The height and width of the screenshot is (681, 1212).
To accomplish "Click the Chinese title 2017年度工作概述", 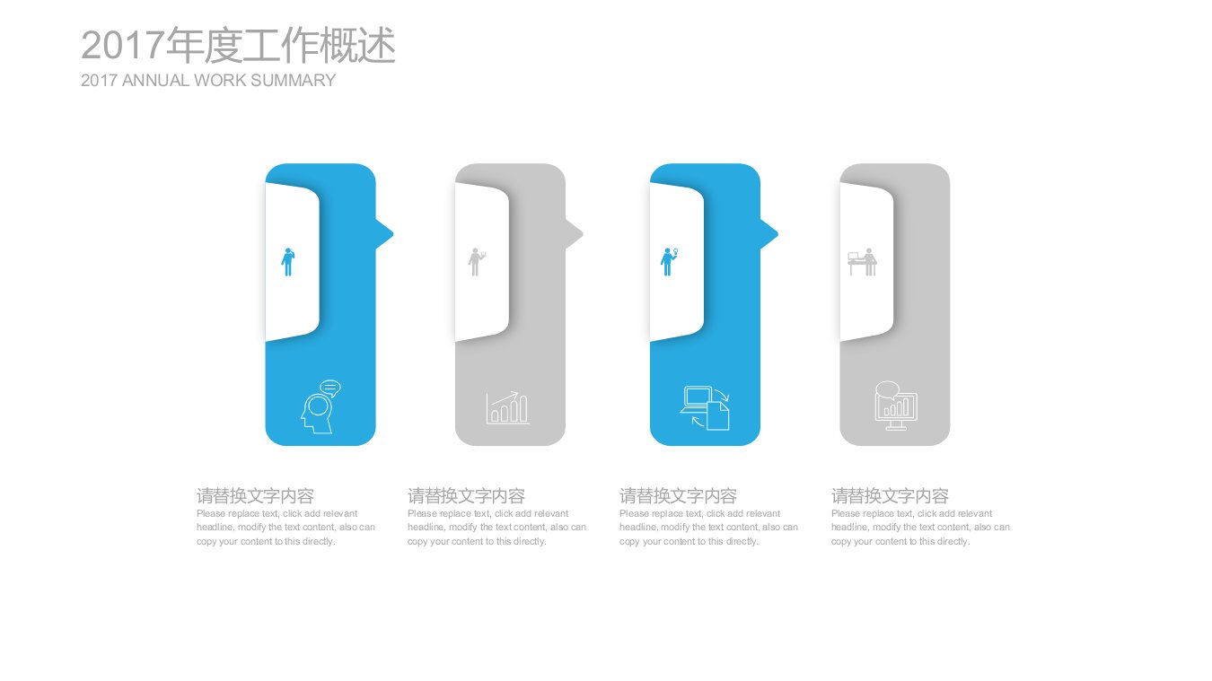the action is [238, 46].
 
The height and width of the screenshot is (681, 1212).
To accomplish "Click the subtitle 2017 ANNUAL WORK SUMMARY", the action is [208, 81].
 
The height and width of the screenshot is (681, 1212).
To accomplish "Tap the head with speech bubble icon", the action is [321, 406].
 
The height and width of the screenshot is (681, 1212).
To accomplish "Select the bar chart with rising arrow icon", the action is [507, 408].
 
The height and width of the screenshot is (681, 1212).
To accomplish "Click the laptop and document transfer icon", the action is [705, 408].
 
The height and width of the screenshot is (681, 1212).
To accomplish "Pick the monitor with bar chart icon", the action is [895, 406].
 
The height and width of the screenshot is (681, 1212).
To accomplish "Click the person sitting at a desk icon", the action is [863, 262].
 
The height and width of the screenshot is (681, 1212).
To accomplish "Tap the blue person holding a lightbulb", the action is [670, 262].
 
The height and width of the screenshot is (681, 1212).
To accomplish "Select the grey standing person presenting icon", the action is [476, 262].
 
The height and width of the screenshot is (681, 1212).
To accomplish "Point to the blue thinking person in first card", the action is [288, 262].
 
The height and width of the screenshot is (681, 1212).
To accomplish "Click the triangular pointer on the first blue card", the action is [385, 234].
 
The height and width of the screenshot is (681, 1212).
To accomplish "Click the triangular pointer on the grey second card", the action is [575, 234].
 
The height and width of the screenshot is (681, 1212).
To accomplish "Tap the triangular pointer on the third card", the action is [769, 234].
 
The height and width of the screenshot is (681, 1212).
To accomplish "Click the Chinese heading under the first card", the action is [255, 495].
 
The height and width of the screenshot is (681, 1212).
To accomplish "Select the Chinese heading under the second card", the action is [467, 495].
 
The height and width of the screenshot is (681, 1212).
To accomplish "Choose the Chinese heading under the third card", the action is [679, 495].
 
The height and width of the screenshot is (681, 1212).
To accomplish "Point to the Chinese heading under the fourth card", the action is [890, 495].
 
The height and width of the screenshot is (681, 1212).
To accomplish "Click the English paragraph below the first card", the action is [285, 528].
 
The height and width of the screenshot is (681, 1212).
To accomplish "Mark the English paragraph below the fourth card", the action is [920, 528].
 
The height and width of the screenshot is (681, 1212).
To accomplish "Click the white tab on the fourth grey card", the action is [865, 262].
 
